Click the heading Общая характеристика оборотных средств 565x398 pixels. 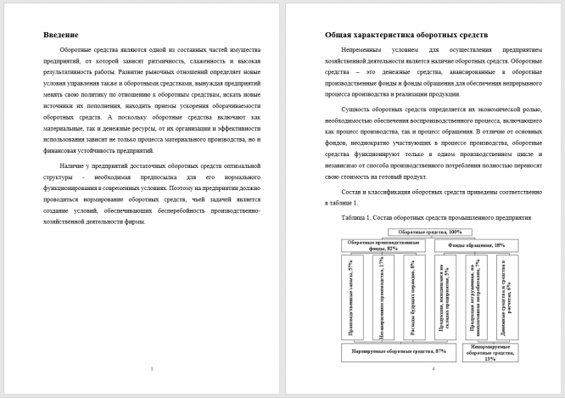pyautogui.click(x=406, y=35)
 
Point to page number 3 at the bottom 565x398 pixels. pyautogui.click(x=151, y=368)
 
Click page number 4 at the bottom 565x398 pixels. pyautogui.click(x=433, y=368)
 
